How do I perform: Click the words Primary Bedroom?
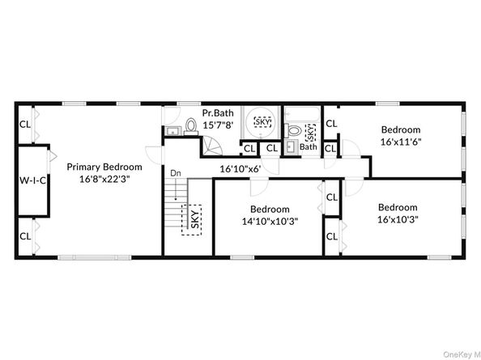click(99, 167)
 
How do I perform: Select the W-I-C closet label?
click(32, 180)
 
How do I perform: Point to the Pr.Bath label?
click(218, 112)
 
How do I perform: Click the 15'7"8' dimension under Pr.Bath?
click(218, 125)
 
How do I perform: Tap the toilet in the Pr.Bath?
click(191, 126)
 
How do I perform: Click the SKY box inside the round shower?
click(262, 122)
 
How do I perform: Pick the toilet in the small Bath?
click(296, 131)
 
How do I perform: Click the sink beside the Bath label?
click(289, 147)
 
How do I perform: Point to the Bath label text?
click(309, 147)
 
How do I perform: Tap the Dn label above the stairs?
click(174, 173)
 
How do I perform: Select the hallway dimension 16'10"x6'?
click(240, 169)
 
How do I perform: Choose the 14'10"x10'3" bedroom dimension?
click(270, 221)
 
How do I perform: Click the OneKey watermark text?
click(458, 350)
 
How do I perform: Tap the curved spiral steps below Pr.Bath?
click(212, 148)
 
